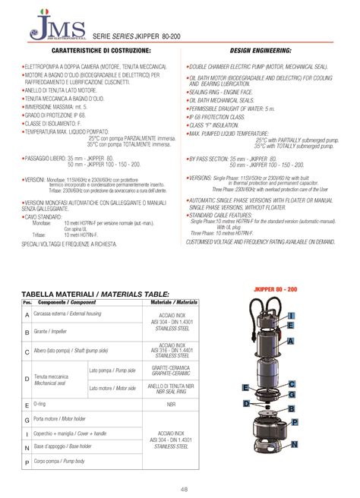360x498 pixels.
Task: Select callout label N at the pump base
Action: tap(294, 443)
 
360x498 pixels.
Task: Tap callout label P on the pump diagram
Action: tap(294, 421)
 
